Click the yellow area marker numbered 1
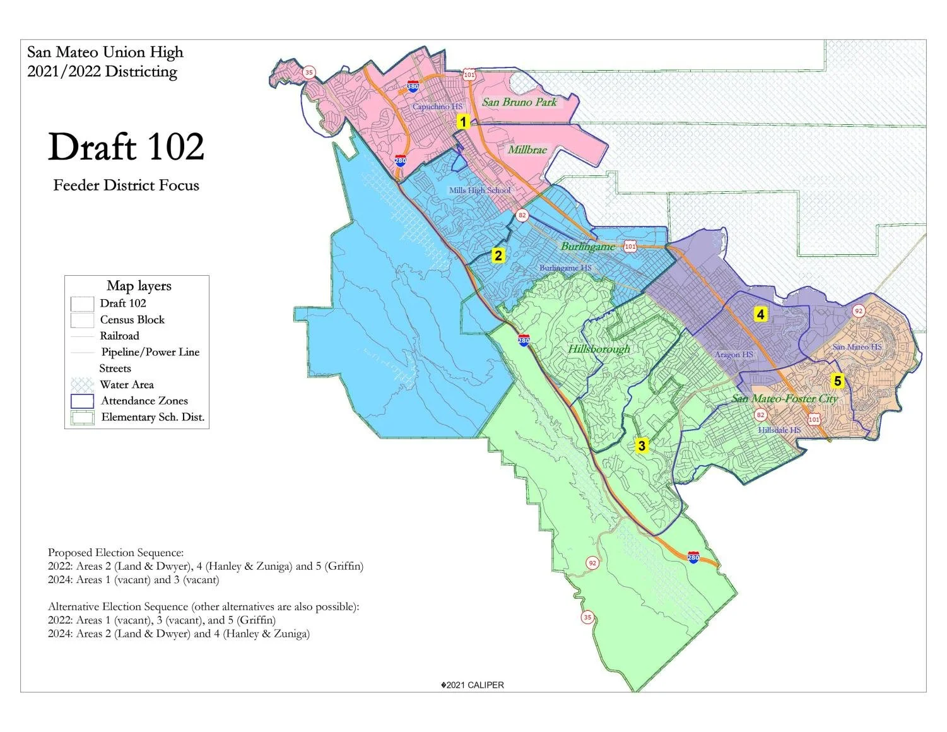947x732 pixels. [463, 122]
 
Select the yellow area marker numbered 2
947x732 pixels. [498, 256]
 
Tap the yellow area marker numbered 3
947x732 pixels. [642, 446]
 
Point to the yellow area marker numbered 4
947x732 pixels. [761, 314]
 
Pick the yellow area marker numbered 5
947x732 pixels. [838, 381]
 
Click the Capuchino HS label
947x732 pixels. [437, 107]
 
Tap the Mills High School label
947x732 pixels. [479, 191]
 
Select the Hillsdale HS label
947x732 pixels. [779, 430]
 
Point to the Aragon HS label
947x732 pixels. [734, 355]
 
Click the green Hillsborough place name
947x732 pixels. [599, 349]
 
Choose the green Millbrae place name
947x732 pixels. [527, 150]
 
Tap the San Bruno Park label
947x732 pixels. [519, 102]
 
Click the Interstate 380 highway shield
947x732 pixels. [413, 86]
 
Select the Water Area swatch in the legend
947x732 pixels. [82, 385]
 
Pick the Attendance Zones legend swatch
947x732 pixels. [82, 401]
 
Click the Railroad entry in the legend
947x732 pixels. [119, 336]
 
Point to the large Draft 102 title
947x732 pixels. [126, 147]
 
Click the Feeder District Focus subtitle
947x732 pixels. [126, 186]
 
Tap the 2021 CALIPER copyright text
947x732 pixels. [473, 685]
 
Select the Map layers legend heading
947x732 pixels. [139, 286]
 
